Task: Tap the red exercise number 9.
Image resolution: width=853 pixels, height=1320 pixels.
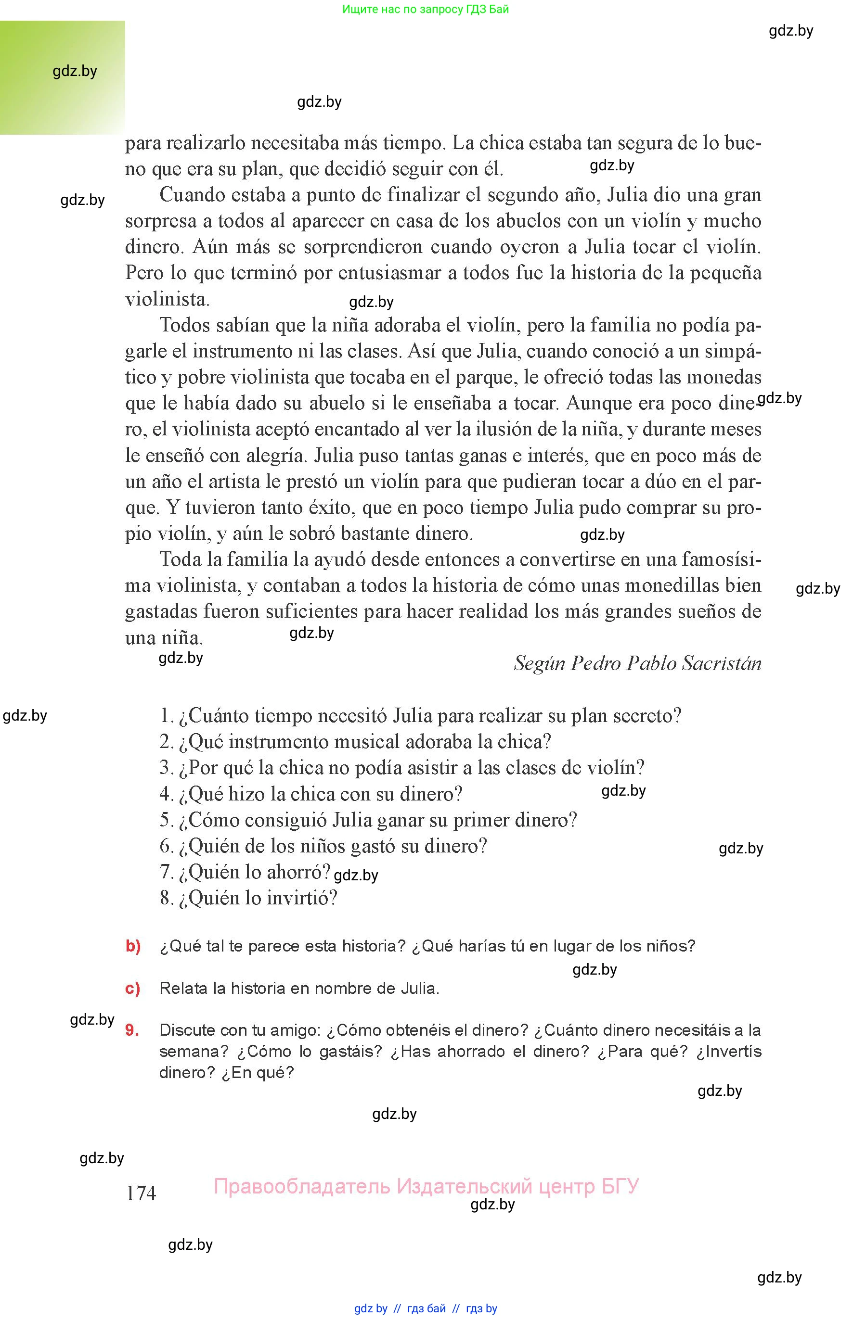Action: click(132, 1030)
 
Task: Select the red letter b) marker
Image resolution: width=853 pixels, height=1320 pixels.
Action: click(133, 946)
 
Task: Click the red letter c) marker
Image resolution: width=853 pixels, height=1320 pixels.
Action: click(133, 988)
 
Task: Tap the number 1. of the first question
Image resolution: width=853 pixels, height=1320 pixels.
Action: click(167, 716)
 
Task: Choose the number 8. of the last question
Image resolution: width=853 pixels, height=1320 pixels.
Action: click(167, 898)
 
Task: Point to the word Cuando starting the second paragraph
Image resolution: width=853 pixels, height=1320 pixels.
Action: click(190, 195)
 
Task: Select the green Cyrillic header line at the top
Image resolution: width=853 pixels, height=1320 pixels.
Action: click(426, 9)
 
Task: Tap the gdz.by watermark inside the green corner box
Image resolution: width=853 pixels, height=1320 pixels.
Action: click(75, 71)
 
